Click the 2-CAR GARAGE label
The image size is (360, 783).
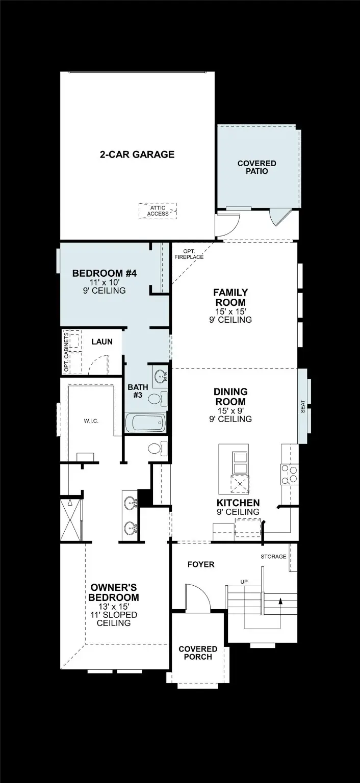[x=137, y=154]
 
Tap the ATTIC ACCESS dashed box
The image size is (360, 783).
[x=158, y=211]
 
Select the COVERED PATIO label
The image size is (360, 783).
[x=256, y=167]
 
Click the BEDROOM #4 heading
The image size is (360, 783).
[x=105, y=273]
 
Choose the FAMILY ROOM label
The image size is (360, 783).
[x=230, y=297]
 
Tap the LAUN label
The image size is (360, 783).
[x=102, y=342]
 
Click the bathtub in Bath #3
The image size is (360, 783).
[x=146, y=423]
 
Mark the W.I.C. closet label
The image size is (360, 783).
[x=91, y=421]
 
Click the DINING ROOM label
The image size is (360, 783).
[x=230, y=397]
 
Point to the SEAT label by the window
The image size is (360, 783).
[x=303, y=406]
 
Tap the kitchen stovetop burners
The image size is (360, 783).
[x=290, y=474]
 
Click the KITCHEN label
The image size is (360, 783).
[x=238, y=503]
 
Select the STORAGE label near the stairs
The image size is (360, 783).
[x=273, y=556]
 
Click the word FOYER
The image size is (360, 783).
[x=201, y=564]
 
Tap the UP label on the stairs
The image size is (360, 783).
[x=245, y=582]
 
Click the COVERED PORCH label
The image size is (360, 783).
[x=198, y=652]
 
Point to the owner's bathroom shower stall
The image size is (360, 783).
[x=71, y=520]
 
